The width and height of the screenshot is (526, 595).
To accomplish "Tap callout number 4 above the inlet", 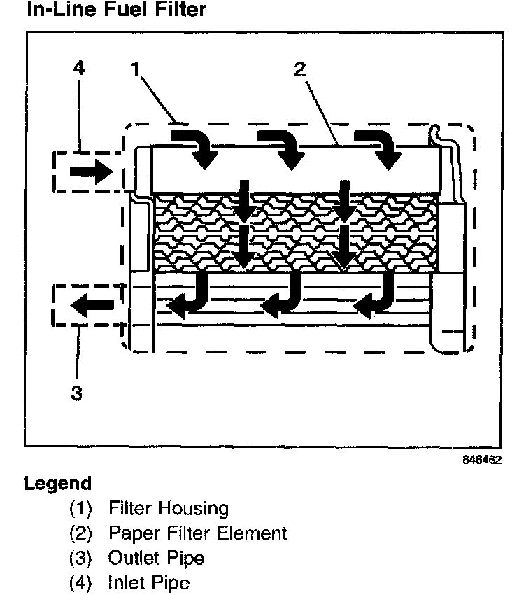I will pos(79,69).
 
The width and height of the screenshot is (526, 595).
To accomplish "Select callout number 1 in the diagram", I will pos(135,69).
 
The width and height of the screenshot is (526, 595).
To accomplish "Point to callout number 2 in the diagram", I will pos(299,69).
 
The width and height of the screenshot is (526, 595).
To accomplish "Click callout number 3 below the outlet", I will pos(77,393).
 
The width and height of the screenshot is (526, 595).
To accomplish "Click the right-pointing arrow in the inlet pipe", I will pos(92,171).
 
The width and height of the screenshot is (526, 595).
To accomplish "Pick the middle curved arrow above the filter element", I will pos(283,146).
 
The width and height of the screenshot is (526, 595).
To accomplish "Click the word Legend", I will pos(57,484).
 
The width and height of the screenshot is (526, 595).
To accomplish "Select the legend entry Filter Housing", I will pos(168,508).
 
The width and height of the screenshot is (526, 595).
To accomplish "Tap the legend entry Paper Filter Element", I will pos(197,533).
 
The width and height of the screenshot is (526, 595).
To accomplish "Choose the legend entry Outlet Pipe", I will pos(156,558).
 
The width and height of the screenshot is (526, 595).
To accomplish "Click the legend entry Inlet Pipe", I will pos(149,582).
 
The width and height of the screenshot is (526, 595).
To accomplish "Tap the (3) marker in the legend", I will pos(81,558).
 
